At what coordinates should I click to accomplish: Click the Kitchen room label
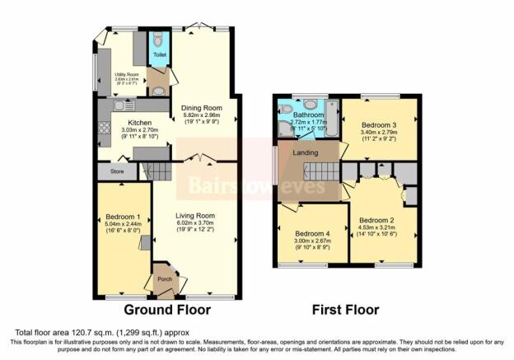coord(121,121)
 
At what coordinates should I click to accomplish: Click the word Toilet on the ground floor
coord(159,56)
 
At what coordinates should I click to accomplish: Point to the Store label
coord(105,172)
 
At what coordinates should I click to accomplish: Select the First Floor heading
coord(345,311)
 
